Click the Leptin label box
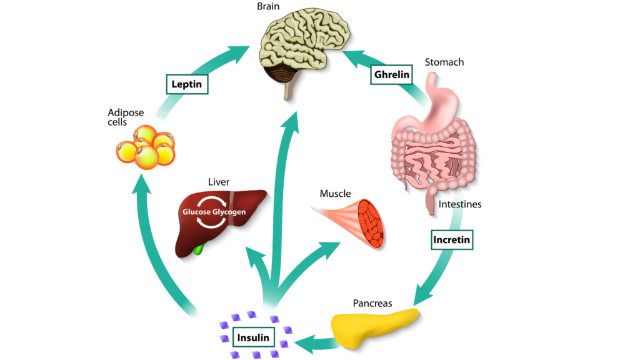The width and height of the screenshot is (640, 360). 187,84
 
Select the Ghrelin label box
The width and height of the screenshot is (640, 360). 392,75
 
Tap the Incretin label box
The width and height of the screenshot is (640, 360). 451,239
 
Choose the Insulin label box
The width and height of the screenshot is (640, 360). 254,338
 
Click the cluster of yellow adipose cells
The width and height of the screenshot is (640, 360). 147,147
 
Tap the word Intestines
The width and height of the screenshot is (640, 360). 460,204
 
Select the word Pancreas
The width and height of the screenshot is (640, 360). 372,303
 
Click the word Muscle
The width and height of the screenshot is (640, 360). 335,194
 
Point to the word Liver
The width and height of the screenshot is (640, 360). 219,182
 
